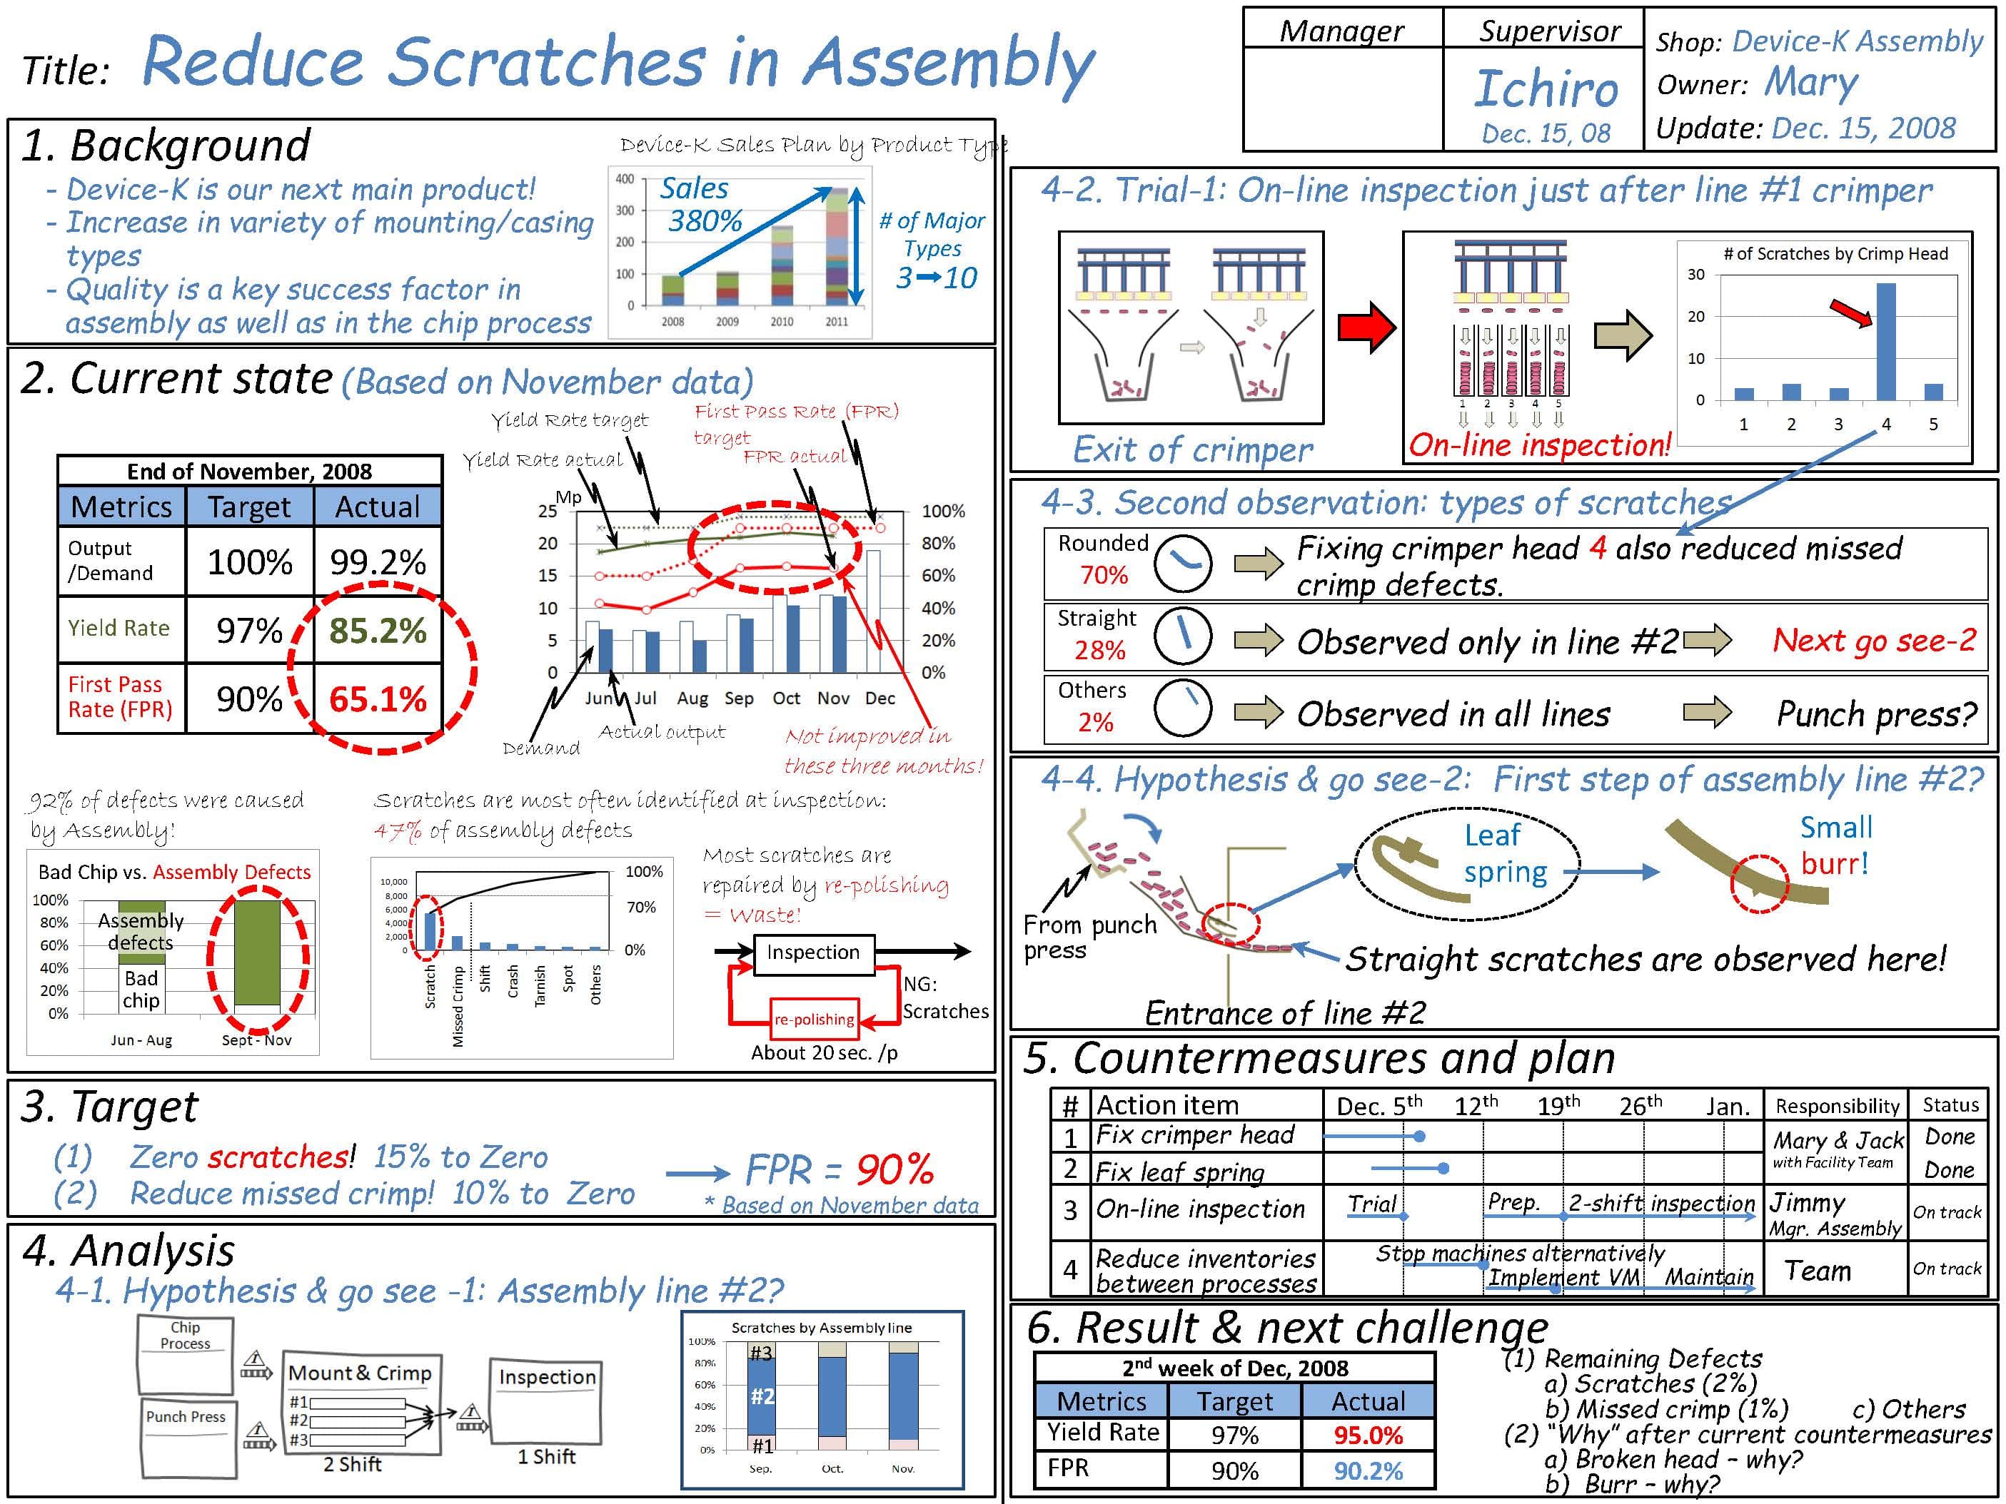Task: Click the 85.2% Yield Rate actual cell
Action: (377, 630)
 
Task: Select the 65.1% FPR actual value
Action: (377, 699)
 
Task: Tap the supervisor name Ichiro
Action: (1546, 89)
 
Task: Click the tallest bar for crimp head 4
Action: (1885, 342)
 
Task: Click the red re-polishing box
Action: (813, 1019)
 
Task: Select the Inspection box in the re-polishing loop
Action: (813, 952)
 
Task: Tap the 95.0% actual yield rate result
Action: (1368, 1435)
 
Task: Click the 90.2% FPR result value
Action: (1368, 1470)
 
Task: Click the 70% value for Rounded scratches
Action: (1104, 575)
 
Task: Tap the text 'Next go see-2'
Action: (1874, 640)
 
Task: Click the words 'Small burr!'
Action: (1835, 845)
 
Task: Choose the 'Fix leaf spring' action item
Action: (1179, 1172)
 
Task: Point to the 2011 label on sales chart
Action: (836, 322)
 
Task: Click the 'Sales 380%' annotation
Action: (698, 204)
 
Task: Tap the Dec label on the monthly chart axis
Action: (879, 698)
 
